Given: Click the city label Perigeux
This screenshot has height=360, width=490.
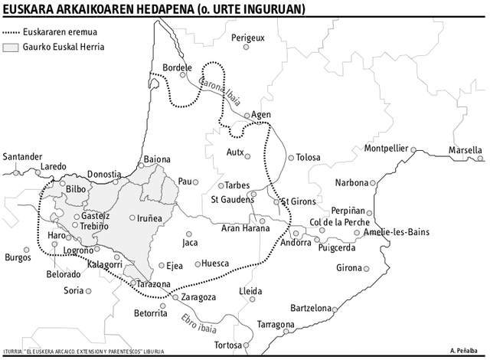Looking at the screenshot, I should coord(247,37).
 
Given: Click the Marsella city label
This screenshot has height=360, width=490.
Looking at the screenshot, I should coord(465,149).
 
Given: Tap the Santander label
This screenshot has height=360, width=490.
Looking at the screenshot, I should coord(22,157).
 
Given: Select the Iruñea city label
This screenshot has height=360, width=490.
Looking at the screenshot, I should coord(149,218).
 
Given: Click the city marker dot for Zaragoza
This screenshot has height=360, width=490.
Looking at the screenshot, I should coord(175,297).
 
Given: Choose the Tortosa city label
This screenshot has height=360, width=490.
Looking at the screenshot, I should coord(233,345).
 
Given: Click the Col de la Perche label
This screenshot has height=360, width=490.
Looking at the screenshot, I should coord(338,222).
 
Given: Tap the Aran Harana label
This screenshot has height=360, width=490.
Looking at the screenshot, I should coord(245,228).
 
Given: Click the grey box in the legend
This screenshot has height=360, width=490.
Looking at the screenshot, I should coord(11,47).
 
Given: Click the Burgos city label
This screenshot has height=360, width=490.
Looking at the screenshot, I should coord(18,257).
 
